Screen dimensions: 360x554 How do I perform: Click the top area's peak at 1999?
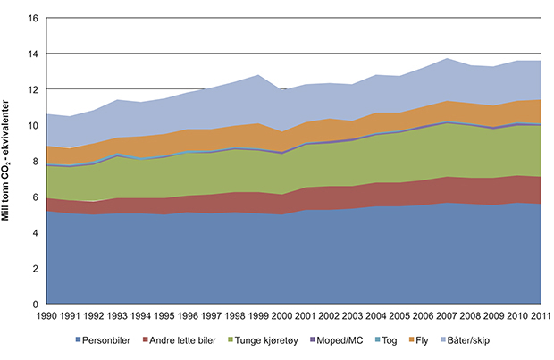258,75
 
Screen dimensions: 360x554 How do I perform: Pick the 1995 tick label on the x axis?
164,315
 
